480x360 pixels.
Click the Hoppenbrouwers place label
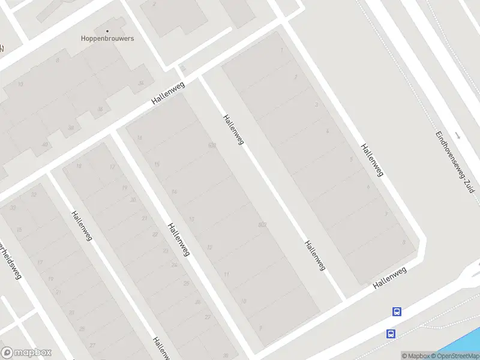pyautogui.click(x=107, y=38)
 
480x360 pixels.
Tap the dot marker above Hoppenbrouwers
pyautogui.click(x=108, y=30)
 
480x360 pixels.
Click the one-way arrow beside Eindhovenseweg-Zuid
pyautogui.click(x=458, y=136)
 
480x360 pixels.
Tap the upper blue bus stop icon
pyautogui.click(x=397, y=311)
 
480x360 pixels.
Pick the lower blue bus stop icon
pyautogui.click(x=391, y=334)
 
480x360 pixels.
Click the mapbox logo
pyautogui.click(x=26, y=353)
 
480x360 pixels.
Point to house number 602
pyautogui.click(x=262, y=224)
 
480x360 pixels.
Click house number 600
pyautogui.click(x=212, y=145)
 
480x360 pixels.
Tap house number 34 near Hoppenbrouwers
pyautogui.click(x=141, y=83)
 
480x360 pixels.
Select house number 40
pyautogui.click(x=45, y=145)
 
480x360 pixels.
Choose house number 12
pyautogui.click(x=209, y=247)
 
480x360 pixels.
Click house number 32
pyautogui.click(x=34, y=194)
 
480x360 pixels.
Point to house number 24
pyautogui.click(x=175, y=265)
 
